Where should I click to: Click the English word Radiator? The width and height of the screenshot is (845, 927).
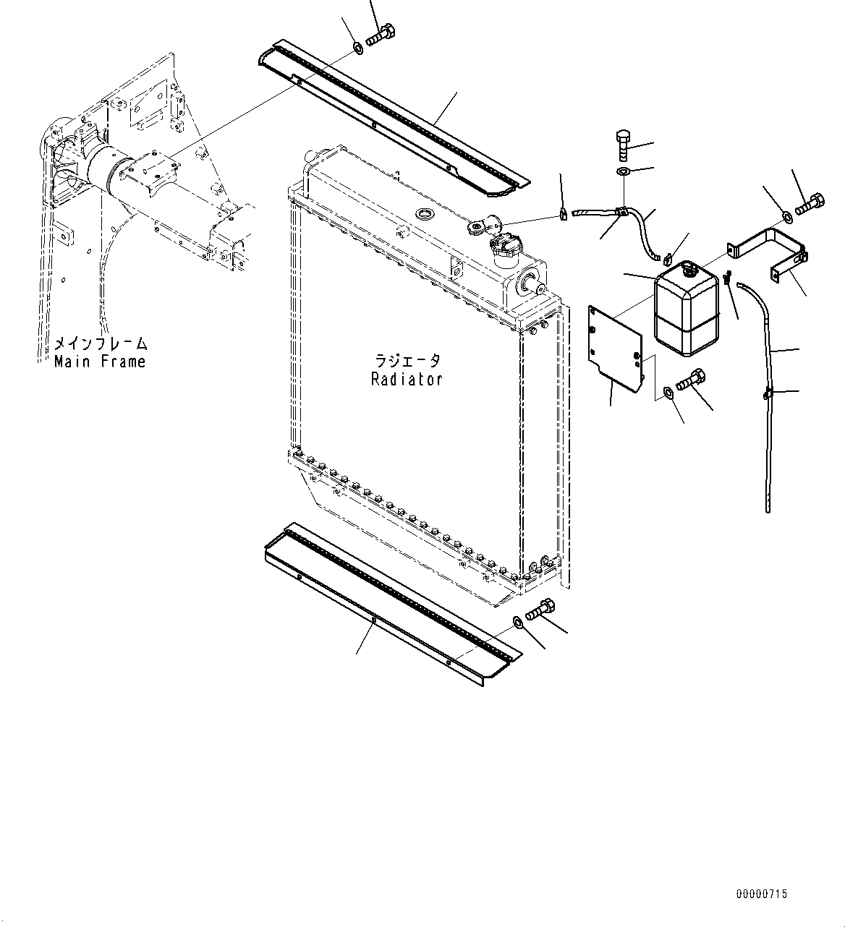click(x=406, y=379)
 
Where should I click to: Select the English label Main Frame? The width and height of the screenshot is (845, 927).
click(x=100, y=362)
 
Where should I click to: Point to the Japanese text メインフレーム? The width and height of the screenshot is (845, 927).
click(x=101, y=343)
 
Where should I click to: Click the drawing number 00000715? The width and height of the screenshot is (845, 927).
click(x=761, y=894)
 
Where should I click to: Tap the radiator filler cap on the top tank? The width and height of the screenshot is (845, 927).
click(x=504, y=249)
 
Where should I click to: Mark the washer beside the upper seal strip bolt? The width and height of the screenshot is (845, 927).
click(x=358, y=49)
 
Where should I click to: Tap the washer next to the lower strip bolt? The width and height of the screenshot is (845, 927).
click(x=518, y=622)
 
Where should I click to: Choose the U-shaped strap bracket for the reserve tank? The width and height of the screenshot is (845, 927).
click(x=770, y=249)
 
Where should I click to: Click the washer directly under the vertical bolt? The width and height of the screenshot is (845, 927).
click(x=624, y=171)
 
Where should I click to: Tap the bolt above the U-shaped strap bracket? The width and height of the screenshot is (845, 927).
click(x=809, y=205)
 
